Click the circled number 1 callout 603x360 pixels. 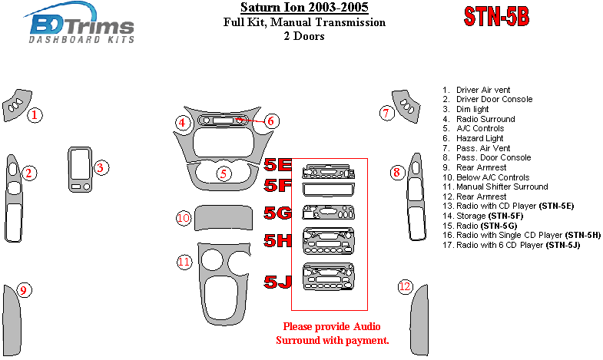[x=35, y=115]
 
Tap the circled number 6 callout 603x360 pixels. [x=270, y=121]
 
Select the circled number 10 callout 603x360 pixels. [x=184, y=218]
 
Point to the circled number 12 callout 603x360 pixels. [x=405, y=286]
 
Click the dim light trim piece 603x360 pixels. [x=80, y=169]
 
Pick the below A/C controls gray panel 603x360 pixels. [x=224, y=218]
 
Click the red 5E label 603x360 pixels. [x=277, y=164]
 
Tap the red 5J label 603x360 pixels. [x=277, y=282]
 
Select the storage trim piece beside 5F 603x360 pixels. [x=329, y=190]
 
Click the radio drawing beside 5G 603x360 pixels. [x=329, y=212]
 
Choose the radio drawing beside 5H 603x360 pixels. [x=329, y=241]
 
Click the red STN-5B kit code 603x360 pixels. [x=496, y=17]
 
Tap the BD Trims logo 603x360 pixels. [x=80, y=23]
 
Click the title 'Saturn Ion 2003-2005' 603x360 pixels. [x=304, y=8]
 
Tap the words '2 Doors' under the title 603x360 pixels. [x=304, y=36]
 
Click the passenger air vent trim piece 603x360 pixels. [x=406, y=107]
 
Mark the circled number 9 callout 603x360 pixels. [x=24, y=290]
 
